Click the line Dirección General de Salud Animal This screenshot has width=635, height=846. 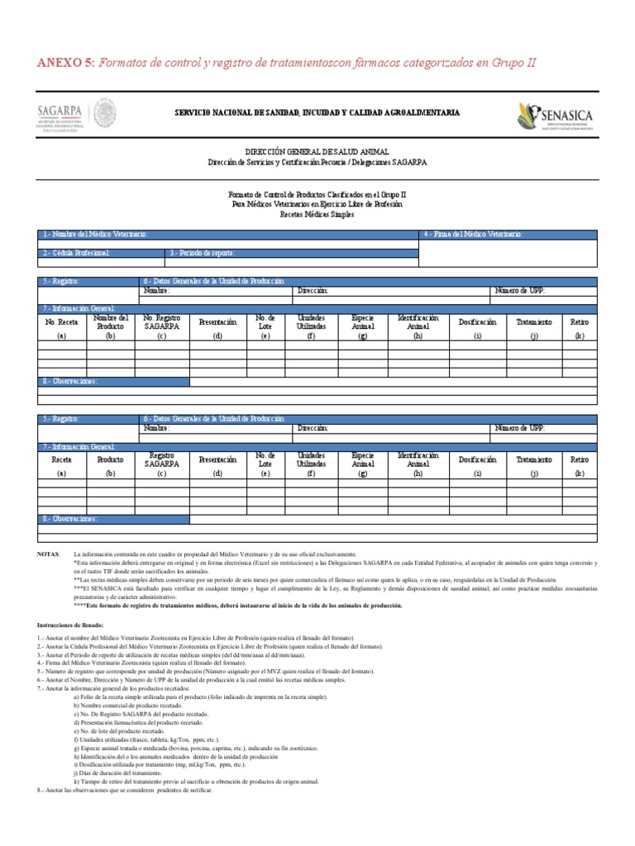(317, 154)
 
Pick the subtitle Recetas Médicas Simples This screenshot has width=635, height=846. (317, 215)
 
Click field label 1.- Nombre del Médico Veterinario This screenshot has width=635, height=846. (98, 235)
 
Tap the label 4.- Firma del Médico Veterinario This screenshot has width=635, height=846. (474, 235)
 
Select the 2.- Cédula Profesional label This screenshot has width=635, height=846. (76, 253)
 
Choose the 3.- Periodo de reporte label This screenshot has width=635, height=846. (203, 253)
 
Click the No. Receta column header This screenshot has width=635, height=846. (61, 322)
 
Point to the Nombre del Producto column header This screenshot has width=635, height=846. (110, 322)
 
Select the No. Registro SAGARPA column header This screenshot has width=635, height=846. (161, 322)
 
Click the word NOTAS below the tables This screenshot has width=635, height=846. (49, 553)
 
